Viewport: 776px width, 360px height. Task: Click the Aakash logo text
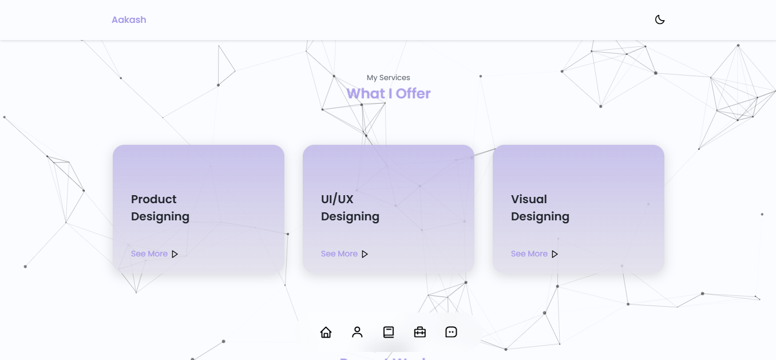coord(129,19)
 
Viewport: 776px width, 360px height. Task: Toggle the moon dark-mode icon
coord(660,19)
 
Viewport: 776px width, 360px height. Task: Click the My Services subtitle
coord(388,77)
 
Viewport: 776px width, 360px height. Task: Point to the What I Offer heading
coord(388,93)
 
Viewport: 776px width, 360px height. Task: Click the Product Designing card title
coord(160,208)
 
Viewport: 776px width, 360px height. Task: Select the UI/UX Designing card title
coord(350,208)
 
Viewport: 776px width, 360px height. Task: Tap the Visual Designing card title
coord(540,208)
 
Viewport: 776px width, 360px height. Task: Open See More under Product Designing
coord(149,254)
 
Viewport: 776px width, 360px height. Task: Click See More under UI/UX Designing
coord(339,254)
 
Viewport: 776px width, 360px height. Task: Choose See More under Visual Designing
coord(529,254)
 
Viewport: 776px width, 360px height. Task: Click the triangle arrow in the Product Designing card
coord(175,254)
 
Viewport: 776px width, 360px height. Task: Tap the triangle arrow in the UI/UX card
coord(365,254)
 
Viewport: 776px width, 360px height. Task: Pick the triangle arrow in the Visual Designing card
coord(555,254)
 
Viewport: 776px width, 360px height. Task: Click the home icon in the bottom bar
coord(326,332)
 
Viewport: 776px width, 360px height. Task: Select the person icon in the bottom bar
coord(357,332)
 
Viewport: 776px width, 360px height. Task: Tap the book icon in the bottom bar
coord(389,332)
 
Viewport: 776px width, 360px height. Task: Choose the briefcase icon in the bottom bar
coord(420,332)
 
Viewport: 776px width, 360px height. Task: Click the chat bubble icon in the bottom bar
coord(451,332)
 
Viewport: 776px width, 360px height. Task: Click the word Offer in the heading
coord(413,93)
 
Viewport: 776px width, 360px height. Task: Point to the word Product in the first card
coord(153,199)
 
